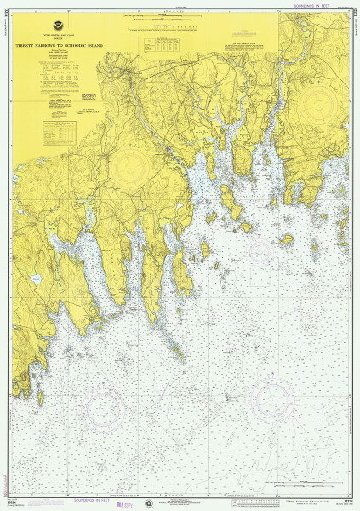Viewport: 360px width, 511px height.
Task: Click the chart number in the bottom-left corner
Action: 15,502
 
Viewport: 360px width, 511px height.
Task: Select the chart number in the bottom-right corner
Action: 345,502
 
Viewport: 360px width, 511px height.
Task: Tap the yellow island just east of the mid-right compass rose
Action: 287,241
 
